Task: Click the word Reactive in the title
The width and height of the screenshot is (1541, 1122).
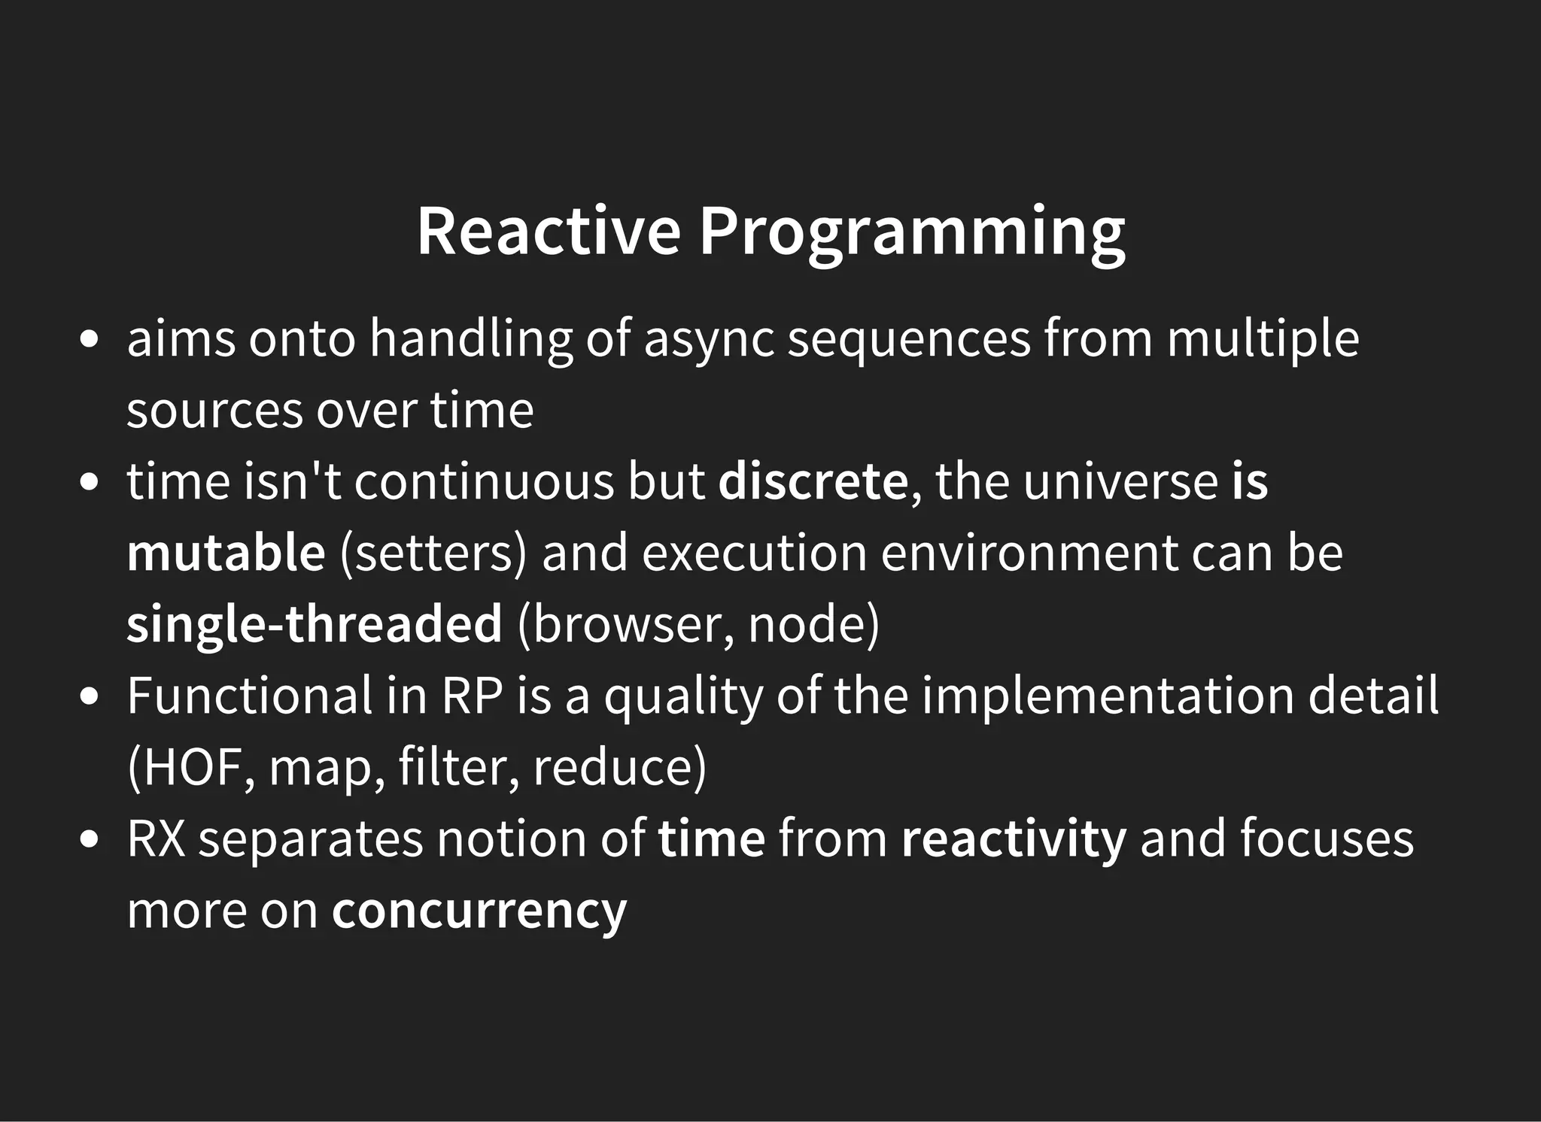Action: click(x=549, y=231)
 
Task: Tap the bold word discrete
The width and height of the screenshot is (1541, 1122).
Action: click(x=813, y=481)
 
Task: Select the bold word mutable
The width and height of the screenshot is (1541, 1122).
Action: click(x=226, y=553)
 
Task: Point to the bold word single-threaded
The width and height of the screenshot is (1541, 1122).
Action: click(x=314, y=624)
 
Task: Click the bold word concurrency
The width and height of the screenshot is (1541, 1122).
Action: click(x=479, y=910)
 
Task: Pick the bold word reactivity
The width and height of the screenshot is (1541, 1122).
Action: click(x=1014, y=839)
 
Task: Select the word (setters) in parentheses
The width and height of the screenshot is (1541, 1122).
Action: click(x=433, y=553)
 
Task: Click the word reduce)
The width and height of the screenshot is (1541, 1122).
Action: click(x=619, y=767)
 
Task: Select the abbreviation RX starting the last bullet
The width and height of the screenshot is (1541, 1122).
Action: click(x=156, y=839)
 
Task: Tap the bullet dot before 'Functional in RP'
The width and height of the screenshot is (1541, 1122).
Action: click(x=90, y=696)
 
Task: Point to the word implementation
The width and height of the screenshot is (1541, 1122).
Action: click(x=1108, y=696)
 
